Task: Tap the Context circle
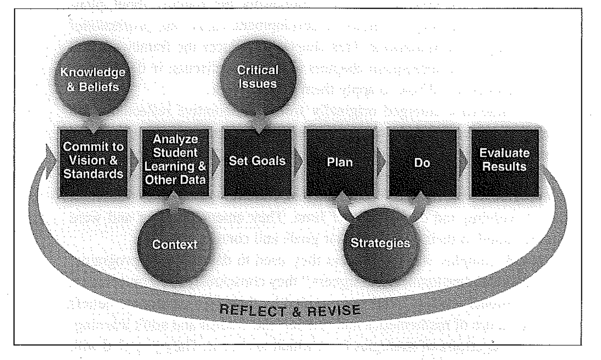(175, 244)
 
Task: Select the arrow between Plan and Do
(382, 162)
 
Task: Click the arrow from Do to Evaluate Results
(463, 161)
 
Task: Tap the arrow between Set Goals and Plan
(299, 162)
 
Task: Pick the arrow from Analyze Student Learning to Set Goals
(216, 162)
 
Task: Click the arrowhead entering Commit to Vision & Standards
(50, 156)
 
